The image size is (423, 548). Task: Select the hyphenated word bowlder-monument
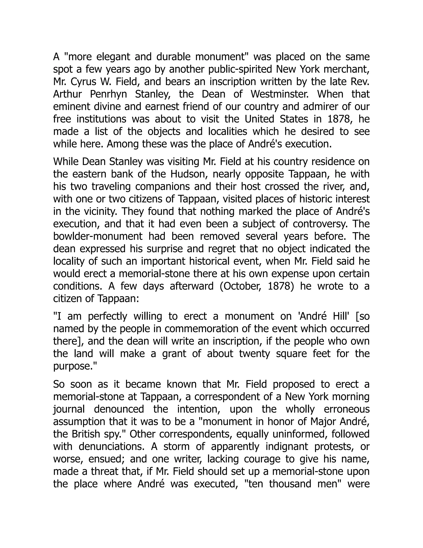[98, 236]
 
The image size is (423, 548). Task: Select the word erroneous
[347, 409]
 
